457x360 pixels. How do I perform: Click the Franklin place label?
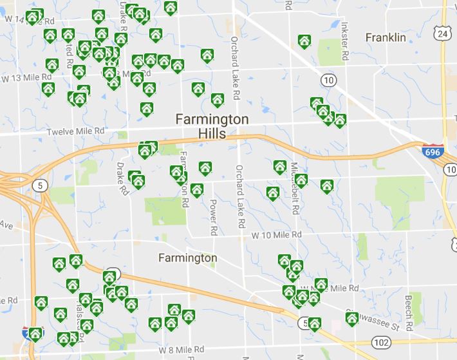(386, 38)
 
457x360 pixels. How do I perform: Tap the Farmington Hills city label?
(211, 126)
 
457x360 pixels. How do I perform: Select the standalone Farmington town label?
(187, 258)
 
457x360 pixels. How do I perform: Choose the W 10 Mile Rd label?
(276, 236)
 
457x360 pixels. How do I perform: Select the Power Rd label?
(213, 216)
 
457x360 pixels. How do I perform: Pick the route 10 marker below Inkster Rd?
(329, 80)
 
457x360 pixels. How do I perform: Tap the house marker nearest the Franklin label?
(304, 42)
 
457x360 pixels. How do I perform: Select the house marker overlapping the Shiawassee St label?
(352, 319)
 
